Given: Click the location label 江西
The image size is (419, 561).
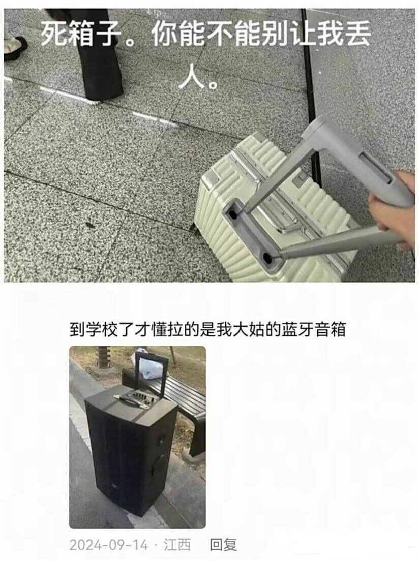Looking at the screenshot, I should click(177, 545).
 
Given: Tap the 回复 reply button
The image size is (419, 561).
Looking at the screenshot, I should click(223, 545).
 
